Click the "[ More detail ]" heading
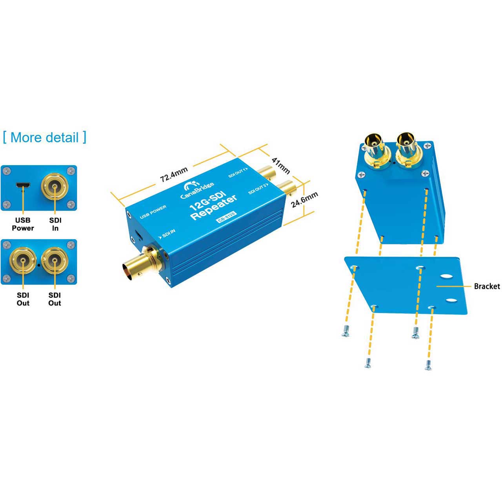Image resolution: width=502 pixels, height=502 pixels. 44,138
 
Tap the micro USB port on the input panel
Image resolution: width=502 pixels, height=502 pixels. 23,185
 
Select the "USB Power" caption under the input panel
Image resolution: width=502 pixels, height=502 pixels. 23,224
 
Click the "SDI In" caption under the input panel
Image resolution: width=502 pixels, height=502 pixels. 55,224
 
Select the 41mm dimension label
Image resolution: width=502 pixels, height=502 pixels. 281,166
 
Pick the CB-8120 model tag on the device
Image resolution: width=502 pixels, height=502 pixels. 227,217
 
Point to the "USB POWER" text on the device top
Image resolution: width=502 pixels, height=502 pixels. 153,211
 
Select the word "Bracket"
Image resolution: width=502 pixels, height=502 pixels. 487,286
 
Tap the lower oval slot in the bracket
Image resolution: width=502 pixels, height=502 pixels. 451,300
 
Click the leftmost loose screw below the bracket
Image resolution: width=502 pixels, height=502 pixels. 346,332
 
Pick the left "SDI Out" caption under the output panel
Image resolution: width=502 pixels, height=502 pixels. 23,299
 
